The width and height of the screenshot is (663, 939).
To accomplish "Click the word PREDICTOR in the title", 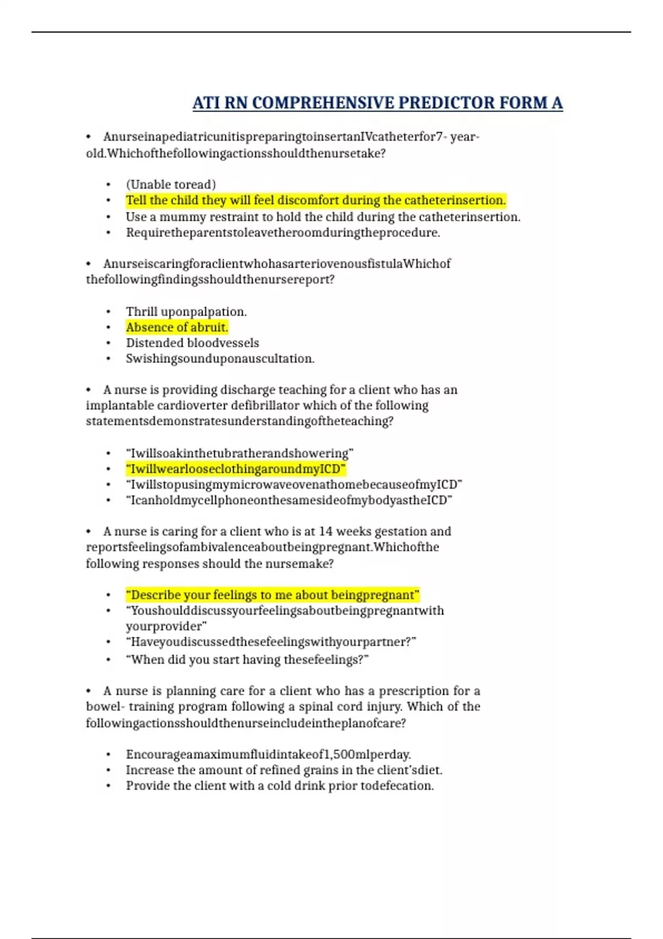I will [x=446, y=103].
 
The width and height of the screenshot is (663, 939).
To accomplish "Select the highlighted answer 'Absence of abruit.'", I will [x=177, y=328].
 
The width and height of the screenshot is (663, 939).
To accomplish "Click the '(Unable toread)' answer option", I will [x=171, y=184].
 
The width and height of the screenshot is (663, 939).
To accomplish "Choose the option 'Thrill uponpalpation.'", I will [x=186, y=312].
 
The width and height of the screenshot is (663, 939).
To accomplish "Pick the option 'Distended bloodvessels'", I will [x=192, y=343].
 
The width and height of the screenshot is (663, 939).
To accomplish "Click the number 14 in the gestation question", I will [x=325, y=531].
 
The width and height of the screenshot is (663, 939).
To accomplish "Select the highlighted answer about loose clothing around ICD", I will [x=235, y=469].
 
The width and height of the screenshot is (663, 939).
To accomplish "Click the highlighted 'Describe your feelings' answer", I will [x=272, y=595].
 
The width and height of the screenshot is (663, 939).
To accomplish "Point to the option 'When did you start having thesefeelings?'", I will [x=247, y=660].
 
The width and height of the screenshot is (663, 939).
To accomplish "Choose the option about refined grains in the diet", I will [x=284, y=770].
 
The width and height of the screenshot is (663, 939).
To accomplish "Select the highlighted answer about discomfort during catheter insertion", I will [x=315, y=201].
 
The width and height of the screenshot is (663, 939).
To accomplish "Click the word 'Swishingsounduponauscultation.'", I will [x=220, y=359].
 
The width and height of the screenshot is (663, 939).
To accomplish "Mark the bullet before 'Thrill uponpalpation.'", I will [x=108, y=312].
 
